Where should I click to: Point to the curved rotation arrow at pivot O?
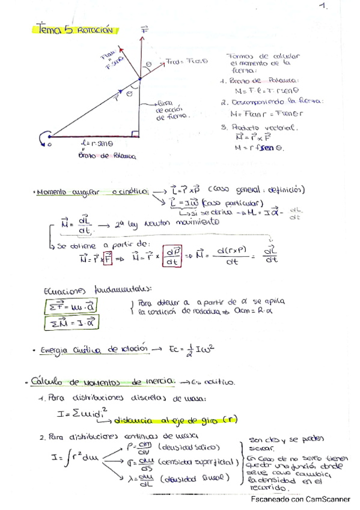(x=43, y=139)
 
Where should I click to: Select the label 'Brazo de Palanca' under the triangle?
(x=107, y=156)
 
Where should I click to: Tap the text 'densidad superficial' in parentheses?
(x=196, y=462)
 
